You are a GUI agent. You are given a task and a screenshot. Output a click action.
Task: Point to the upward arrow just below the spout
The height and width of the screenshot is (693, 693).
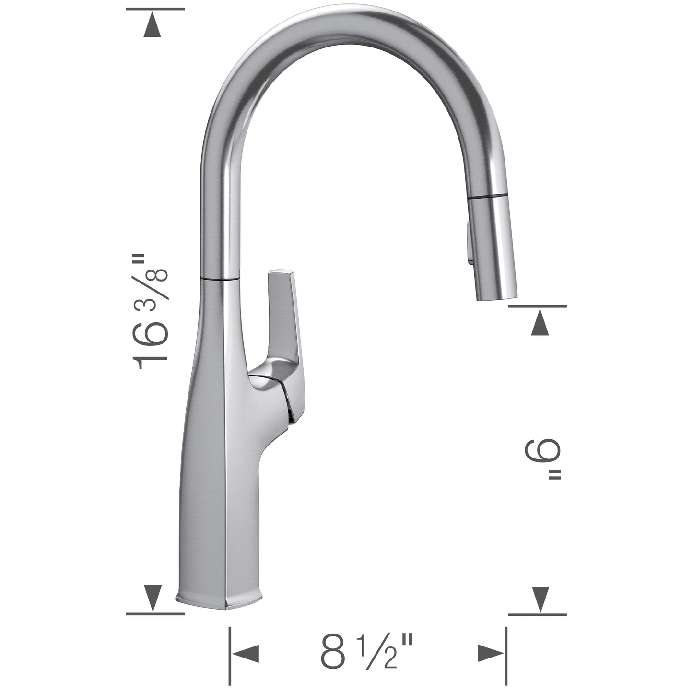[540, 322]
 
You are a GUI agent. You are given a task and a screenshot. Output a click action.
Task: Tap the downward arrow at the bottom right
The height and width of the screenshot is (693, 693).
[540, 599]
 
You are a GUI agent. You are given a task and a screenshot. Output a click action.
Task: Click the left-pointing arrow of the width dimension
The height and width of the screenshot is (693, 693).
[246, 654]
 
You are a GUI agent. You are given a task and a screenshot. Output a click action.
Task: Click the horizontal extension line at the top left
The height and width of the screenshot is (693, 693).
[155, 9]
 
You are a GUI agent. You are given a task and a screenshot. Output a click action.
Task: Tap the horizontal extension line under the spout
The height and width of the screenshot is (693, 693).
[537, 305]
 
